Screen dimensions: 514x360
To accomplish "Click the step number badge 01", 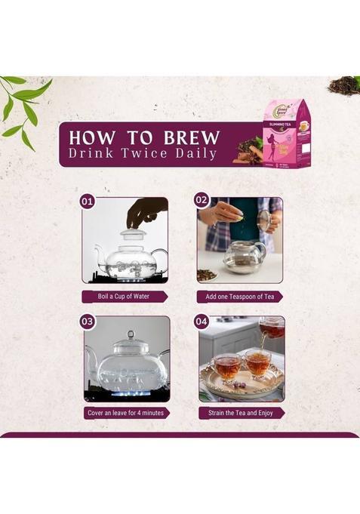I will [x=88, y=202].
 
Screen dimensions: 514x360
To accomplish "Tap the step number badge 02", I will [x=202, y=200].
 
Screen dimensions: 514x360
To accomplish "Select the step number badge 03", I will [x=88, y=321].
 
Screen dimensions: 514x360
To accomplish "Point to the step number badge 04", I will [x=202, y=321].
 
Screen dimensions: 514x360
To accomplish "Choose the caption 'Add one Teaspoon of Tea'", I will [x=241, y=297].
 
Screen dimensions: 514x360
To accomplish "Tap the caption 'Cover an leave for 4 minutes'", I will [x=126, y=413].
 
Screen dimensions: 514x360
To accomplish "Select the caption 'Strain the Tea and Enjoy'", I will [x=241, y=413].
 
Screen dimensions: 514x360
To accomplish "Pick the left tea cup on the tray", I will [x=226, y=367].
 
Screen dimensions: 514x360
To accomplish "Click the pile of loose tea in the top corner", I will [x=344, y=84].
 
